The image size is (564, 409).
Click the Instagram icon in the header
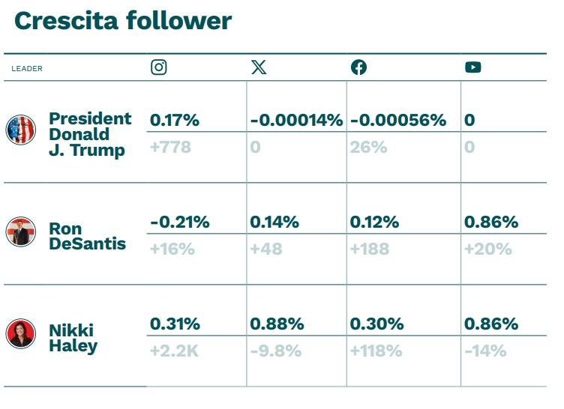point(159,67)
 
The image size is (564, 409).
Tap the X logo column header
point(259,67)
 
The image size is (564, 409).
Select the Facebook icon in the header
point(358,67)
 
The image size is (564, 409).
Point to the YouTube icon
point(473,67)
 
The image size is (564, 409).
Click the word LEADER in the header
point(27,69)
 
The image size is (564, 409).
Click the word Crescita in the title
point(66,20)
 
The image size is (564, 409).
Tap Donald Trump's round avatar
point(21,130)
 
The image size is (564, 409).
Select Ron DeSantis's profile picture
point(21,231)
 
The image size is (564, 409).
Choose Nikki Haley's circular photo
point(21,333)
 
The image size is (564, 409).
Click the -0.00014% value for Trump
point(296,120)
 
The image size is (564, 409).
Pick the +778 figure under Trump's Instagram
point(170,147)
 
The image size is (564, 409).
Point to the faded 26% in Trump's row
point(369,147)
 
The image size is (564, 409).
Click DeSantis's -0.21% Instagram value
point(180,222)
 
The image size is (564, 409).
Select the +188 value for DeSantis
point(370,249)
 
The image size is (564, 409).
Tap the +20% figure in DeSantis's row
point(488,249)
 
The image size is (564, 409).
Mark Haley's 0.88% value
point(277,324)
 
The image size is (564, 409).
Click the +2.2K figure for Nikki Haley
point(174,351)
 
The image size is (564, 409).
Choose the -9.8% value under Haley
point(276,351)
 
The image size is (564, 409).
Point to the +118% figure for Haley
point(376,351)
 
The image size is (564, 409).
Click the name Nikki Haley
point(73,338)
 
